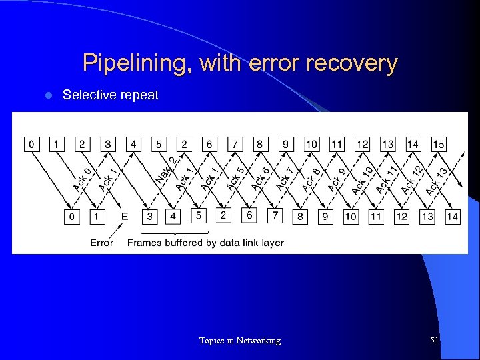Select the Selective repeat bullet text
(x=110, y=95)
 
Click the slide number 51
(x=434, y=341)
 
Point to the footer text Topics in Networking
(x=240, y=341)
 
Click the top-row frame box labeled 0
(x=31, y=143)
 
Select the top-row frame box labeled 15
(x=438, y=143)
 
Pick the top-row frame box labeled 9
(x=285, y=143)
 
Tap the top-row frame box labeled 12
(x=362, y=143)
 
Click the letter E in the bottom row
(x=125, y=216)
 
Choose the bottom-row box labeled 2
(x=223, y=215)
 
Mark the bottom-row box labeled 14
(x=452, y=216)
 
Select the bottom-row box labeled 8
(x=300, y=216)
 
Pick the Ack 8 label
(x=311, y=179)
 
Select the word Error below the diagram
(x=101, y=243)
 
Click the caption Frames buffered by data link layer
(x=205, y=243)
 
